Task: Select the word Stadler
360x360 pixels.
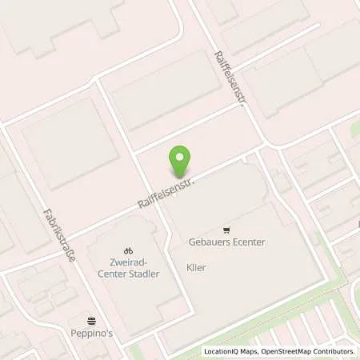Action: (147, 274)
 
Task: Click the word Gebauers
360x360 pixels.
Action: (210, 242)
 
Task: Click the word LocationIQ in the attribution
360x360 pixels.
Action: (225, 351)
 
